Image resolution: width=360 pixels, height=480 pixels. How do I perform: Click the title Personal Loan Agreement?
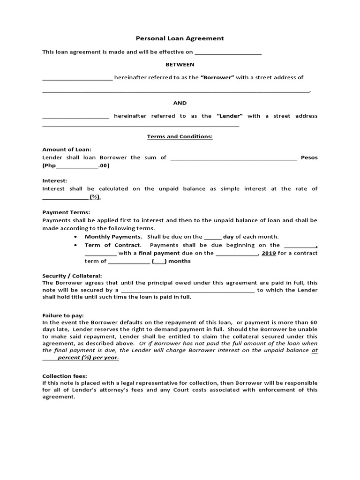[180, 38]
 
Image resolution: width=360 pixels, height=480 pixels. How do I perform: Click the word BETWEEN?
[180, 64]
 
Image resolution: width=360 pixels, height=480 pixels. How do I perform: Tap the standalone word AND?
[180, 103]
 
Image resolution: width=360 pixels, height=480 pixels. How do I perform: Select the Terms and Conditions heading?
[180, 136]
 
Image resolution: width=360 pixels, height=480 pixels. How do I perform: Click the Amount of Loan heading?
[67, 149]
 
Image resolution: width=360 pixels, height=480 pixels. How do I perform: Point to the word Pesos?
[309, 157]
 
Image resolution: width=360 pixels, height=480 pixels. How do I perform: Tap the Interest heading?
[55, 180]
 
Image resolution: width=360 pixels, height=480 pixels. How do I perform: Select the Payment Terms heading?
[66, 212]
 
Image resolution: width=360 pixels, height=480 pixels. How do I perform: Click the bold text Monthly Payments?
[113, 237]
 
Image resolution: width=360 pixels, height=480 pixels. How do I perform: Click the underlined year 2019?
[269, 253]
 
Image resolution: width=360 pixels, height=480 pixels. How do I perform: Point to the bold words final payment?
[157, 253]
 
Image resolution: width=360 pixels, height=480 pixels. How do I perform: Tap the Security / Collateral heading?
[72, 276]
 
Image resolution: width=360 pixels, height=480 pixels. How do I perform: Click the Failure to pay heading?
[63, 316]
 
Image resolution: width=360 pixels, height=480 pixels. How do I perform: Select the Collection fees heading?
[65, 376]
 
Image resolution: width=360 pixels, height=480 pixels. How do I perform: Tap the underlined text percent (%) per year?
[88, 357]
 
